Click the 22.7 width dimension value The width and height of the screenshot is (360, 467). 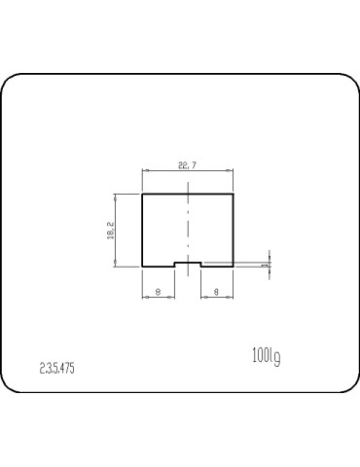[188, 165]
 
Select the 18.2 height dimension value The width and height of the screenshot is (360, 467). [110, 230]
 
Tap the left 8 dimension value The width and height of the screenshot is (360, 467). [159, 290]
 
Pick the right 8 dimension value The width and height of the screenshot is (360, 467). [216, 290]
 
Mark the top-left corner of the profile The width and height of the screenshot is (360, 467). [143, 195]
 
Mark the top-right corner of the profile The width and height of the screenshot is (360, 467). [234, 195]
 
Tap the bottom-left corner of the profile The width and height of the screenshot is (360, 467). [143, 266]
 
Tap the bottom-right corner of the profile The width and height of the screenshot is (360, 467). [234, 266]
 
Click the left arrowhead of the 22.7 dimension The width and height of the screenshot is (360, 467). [146, 171]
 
